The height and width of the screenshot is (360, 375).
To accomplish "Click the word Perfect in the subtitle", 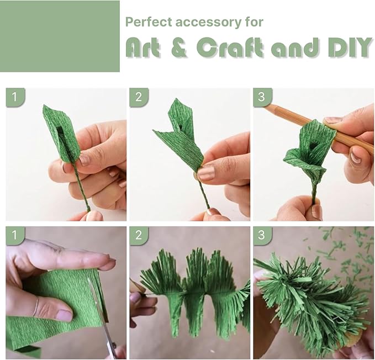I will click(145, 22).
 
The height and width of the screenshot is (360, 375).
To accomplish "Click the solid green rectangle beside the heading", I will click(60, 36).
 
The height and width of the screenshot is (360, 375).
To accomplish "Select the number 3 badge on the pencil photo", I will click(262, 97).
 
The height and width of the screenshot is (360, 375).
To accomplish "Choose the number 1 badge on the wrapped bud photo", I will click(15, 97).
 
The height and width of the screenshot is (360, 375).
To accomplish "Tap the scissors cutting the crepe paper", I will click(103, 320).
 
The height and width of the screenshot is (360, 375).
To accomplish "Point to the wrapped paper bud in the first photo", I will click(61, 133).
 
